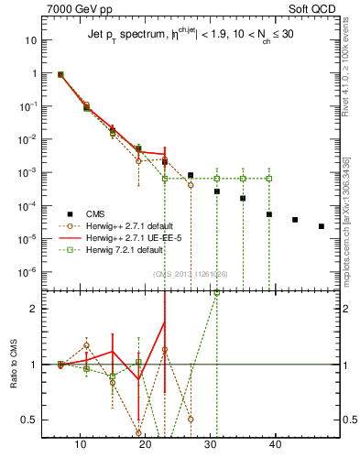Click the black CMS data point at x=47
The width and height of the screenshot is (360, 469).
[x=322, y=226]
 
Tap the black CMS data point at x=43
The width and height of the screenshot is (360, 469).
[x=295, y=220]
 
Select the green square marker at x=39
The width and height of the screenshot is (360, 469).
[x=269, y=178]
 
